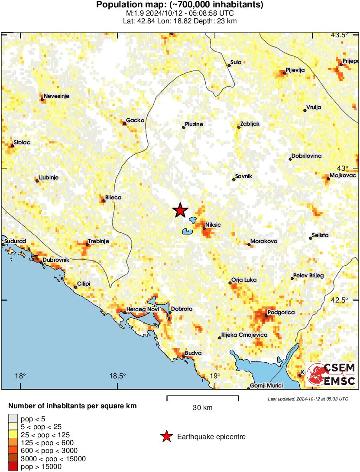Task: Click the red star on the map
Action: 180,210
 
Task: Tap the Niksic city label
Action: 213,225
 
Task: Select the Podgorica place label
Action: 281,312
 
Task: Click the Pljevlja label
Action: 295,70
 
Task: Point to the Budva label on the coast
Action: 193,353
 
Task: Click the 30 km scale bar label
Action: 202,407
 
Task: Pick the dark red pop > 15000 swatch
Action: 13,466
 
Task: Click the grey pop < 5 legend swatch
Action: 13,419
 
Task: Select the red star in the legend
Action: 166,436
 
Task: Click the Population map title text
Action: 180,5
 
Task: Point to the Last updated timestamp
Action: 308,399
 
